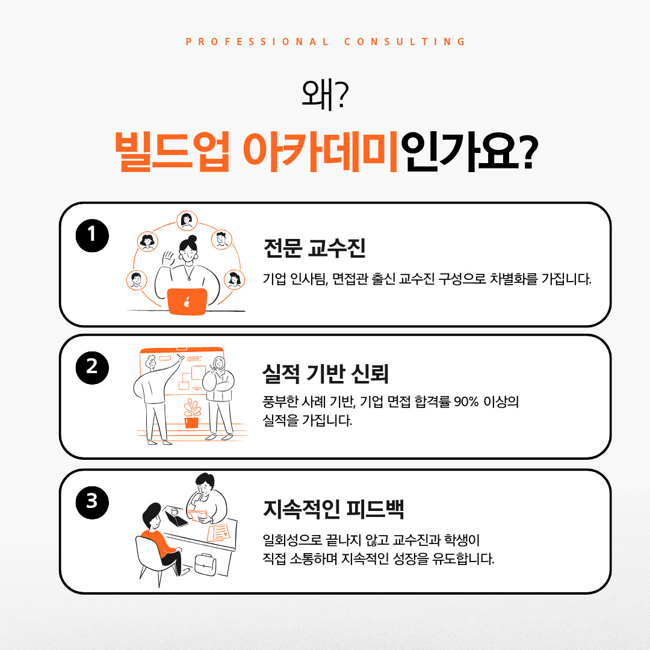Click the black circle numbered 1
click(x=92, y=235)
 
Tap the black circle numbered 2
click(x=92, y=368)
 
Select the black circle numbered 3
click(x=92, y=503)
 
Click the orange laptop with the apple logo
click(x=187, y=302)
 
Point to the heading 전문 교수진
click(x=315, y=249)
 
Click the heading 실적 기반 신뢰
click(x=326, y=373)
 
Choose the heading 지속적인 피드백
click(x=333, y=509)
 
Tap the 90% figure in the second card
click(x=466, y=401)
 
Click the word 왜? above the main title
click(x=325, y=95)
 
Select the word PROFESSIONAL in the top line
click(x=257, y=42)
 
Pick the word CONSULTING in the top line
click(x=405, y=42)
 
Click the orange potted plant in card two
click(x=192, y=413)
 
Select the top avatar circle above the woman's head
click(x=187, y=220)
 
